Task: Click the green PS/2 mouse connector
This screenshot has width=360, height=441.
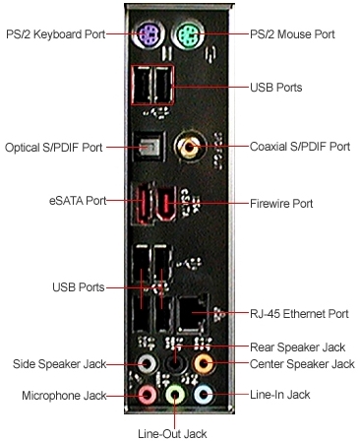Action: click(x=190, y=37)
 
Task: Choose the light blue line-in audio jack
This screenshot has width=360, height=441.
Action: click(x=202, y=396)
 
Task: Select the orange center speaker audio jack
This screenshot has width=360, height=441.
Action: click(x=203, y=364)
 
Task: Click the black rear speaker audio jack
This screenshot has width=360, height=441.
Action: click(x=175, y=362)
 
